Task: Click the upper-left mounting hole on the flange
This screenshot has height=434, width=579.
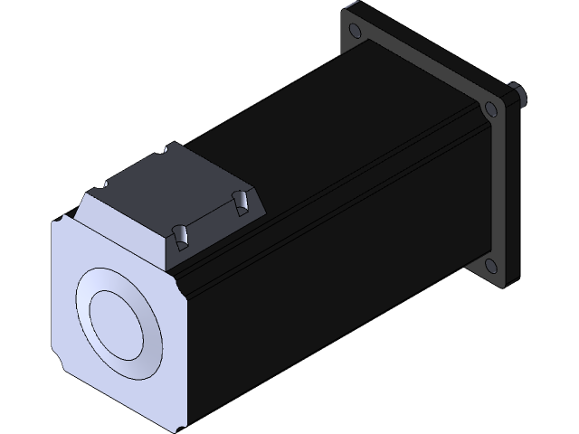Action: pos(353,33)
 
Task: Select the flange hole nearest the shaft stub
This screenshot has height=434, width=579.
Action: pos(490,110)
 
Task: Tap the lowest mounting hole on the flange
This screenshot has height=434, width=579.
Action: pos(489,266)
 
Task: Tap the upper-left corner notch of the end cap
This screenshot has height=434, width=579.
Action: pos(61,216)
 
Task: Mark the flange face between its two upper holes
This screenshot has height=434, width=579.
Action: pos(421,68)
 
